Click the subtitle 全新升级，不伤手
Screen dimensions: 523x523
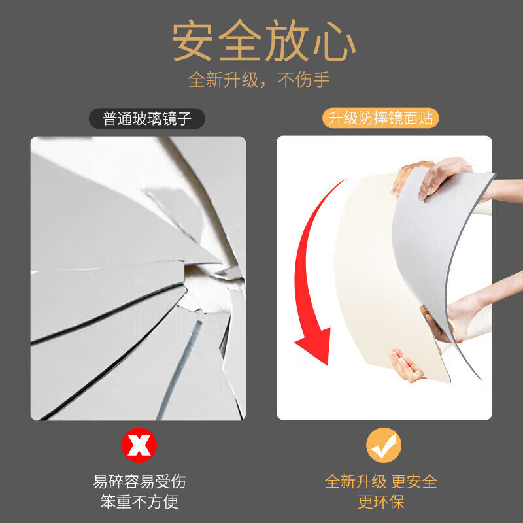tap(260, 80)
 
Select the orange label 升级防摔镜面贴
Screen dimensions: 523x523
tap(380, 119)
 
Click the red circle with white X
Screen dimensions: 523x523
tap(139, 446)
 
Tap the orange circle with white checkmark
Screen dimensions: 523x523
tap(383, 446)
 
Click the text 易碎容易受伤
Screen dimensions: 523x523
tap(139, 482)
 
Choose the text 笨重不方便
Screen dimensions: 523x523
tap(139, 502)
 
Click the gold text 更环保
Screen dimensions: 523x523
tap(381, 502)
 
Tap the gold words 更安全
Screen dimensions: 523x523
tap(414, 482)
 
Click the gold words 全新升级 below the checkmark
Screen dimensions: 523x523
tap(356, 482)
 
